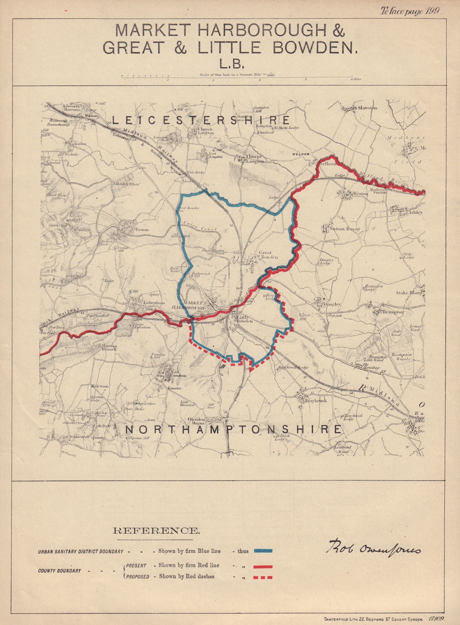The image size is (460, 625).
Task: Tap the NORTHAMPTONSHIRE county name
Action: click(x=233, y=429)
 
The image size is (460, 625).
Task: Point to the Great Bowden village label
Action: click(x=268, y=255)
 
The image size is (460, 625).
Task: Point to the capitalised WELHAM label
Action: click(x=300, y=154)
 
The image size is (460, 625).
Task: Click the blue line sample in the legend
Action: click(x=263, y=551)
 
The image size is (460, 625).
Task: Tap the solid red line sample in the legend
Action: click(x=263, y=566)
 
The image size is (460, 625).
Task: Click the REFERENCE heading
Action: click(x=156, y=530)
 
